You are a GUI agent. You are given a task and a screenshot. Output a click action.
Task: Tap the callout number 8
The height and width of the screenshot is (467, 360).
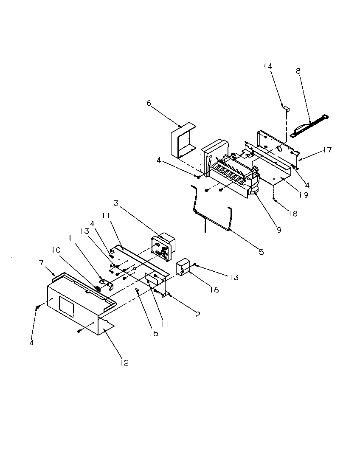click(298, 71)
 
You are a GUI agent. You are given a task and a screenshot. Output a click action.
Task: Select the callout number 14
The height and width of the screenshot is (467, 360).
click(268, 66)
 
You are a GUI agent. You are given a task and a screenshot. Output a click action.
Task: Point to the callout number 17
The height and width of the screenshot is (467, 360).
click(327, 150)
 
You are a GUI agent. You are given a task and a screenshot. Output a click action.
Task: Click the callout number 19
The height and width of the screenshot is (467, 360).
click(303, 195)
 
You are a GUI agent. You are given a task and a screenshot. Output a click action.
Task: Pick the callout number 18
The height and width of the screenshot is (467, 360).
click(293, 214)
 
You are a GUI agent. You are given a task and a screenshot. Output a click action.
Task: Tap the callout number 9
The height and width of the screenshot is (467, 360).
click(279, 230)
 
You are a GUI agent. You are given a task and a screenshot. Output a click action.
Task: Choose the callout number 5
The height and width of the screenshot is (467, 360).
click(261, 252)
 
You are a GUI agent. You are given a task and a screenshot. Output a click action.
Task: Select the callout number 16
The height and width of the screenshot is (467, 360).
click(214, 290)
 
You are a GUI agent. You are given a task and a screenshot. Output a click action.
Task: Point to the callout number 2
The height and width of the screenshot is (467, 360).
click(198, 314)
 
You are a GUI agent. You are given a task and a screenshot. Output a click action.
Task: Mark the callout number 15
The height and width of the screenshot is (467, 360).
click(154, 333)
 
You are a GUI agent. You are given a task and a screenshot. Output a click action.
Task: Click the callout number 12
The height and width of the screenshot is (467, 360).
click(124, 363)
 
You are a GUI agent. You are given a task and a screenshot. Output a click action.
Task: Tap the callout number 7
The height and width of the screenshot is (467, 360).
click(41, 264)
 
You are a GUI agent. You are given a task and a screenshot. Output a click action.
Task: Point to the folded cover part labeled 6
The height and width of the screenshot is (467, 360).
click(181, 139)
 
